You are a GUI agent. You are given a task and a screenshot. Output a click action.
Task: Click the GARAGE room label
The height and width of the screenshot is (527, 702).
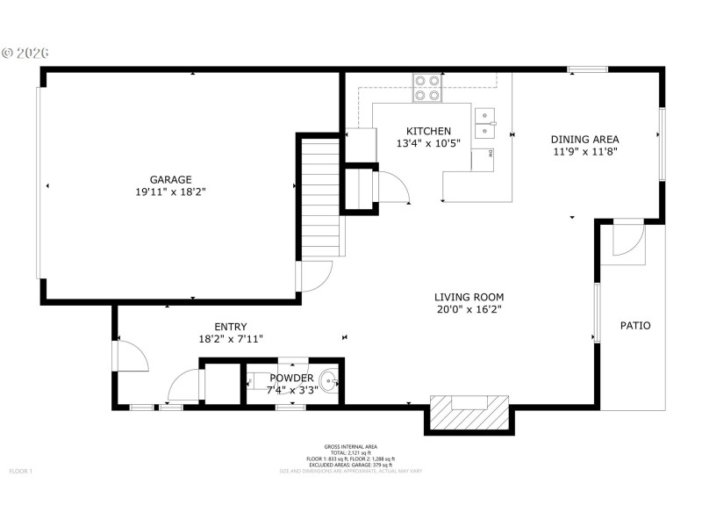170,179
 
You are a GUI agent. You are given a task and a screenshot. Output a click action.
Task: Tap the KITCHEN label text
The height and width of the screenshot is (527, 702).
428,131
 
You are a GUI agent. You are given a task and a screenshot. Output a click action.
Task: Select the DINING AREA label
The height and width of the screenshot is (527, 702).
584,139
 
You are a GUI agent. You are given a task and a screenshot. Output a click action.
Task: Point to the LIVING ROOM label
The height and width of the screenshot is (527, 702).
469,297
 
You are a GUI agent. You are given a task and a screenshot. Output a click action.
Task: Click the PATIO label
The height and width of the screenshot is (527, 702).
635,326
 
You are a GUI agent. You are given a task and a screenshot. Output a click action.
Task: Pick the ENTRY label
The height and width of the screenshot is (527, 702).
230,326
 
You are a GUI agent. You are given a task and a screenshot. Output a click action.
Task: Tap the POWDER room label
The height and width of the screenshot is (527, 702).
291,378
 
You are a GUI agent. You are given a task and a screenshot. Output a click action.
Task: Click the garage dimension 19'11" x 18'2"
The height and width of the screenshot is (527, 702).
170,191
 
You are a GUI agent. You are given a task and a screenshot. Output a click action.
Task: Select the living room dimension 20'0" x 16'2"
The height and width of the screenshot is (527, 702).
469,309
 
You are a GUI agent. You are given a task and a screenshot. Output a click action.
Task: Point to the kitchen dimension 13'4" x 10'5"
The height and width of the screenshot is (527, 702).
428,143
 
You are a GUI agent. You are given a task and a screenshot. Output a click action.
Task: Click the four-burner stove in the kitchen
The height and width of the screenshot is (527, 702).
427,88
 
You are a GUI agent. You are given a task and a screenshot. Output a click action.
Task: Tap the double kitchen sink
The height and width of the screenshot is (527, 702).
484,124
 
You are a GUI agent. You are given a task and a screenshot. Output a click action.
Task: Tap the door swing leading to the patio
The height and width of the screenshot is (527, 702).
627,239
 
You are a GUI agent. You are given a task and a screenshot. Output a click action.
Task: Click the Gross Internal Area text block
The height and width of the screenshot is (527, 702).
351,458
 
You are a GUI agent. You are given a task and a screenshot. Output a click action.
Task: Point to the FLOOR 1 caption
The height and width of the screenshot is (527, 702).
20,472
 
